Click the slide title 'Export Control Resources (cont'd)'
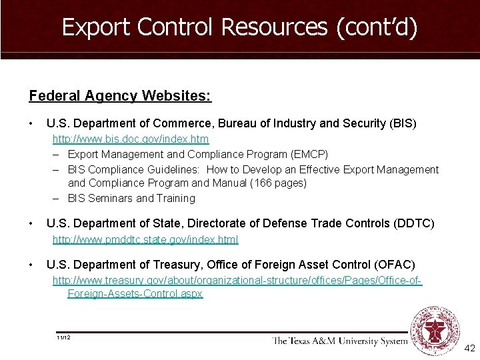[x=239, y=27]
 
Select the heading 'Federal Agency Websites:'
[x=120, y=96]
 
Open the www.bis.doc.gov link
[x=131, y=139]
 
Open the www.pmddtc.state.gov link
[x=145, y=239]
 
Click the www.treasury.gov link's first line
[x=237, y=281]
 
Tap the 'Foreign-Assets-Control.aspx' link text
[x=135, y=293]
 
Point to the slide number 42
[x=469, y=349]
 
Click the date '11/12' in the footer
[x=64, y=337]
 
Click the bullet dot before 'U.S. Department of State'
[x=32, y=223]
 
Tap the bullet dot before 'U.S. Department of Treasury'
[x=32, y=265]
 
